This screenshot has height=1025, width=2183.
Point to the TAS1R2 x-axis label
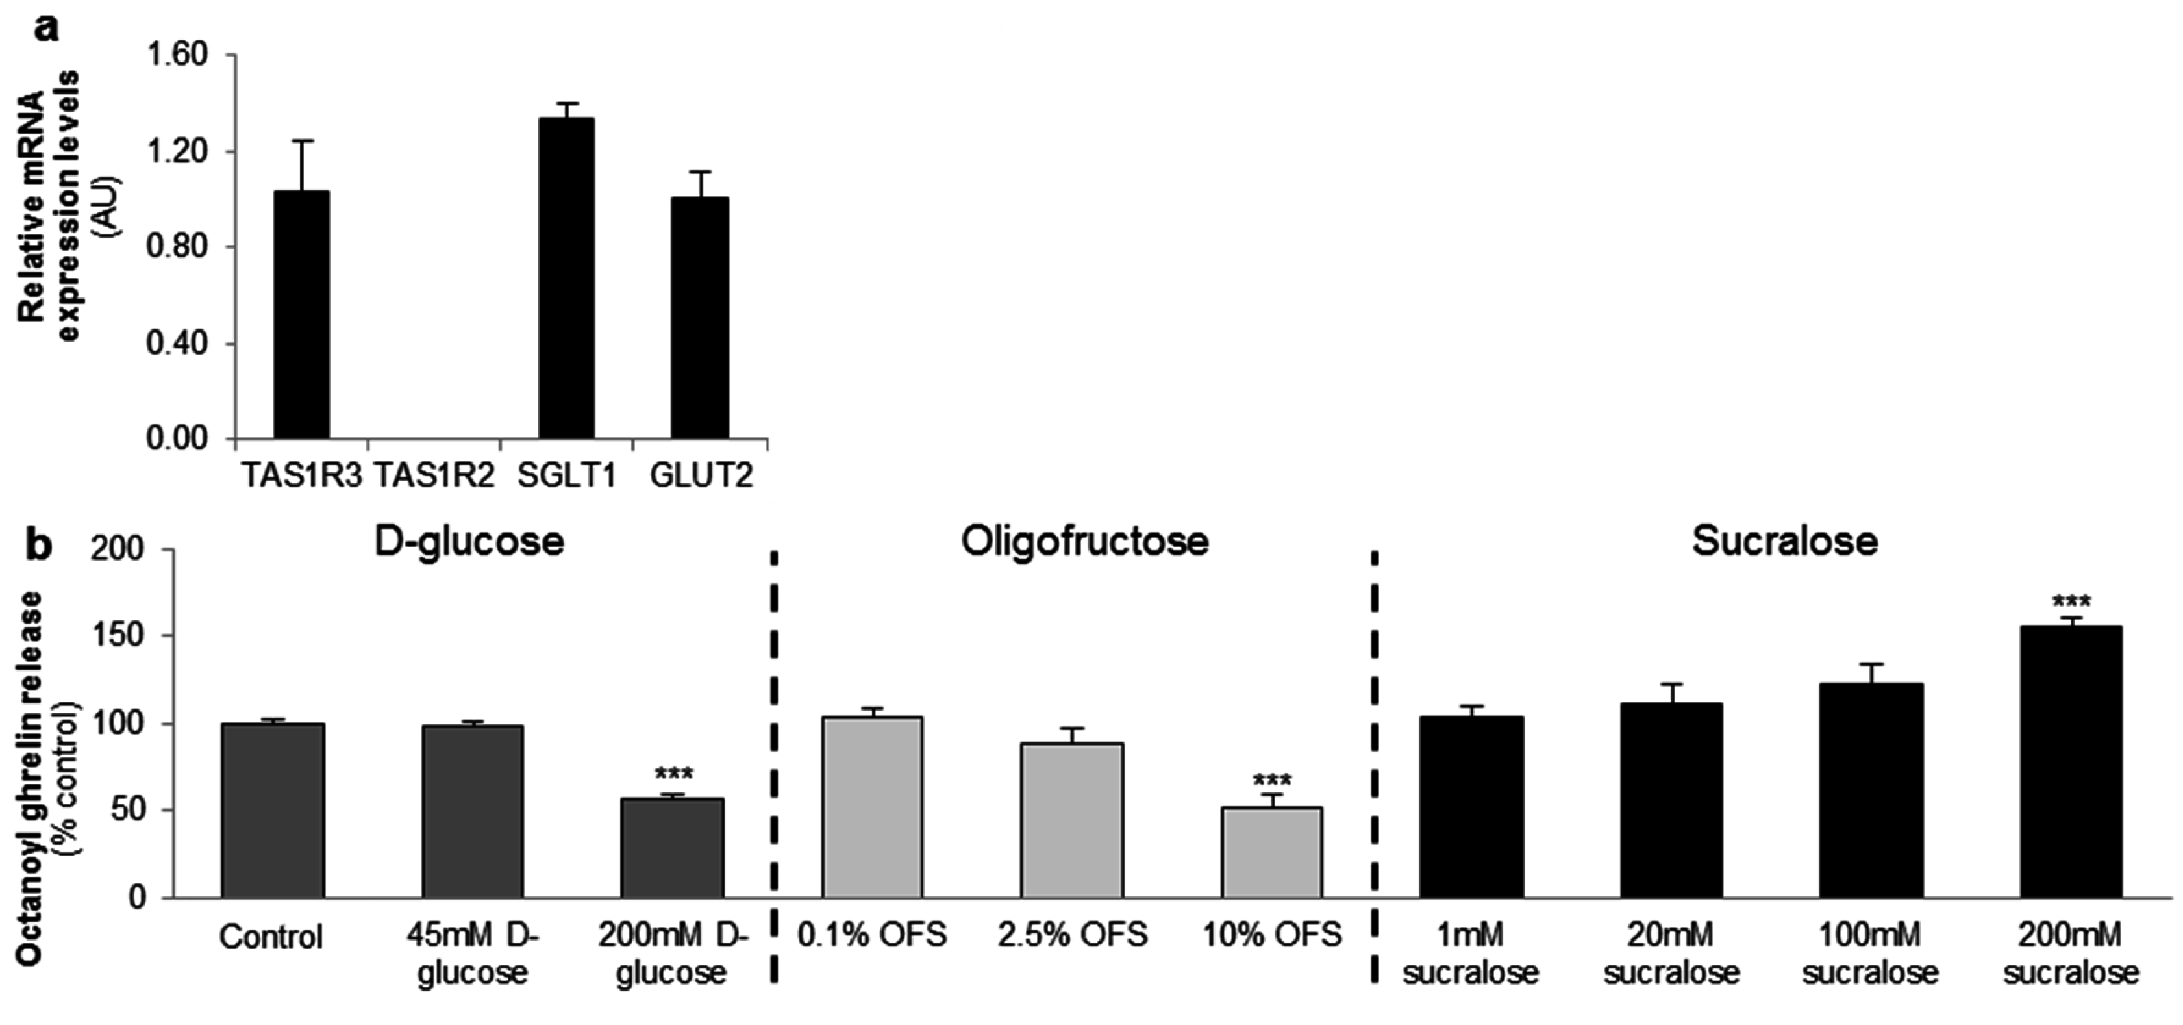(x=433, y=475)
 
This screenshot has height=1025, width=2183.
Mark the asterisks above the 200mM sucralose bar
(x=2070, y=603)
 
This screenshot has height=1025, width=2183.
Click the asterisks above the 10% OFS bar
(x=1272, y=780)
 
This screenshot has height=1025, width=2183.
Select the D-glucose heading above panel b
(x=469, y=542)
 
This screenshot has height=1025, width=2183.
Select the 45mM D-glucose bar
(x=472, y=811)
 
